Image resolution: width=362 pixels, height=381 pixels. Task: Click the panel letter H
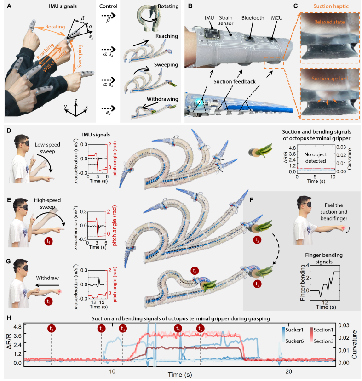tap(9, 318)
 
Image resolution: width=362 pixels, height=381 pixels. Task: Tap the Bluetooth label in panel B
tap(253, 18)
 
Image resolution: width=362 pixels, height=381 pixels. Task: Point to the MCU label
tap(276, 18)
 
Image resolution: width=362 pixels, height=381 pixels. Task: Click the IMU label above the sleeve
tap(209, 18)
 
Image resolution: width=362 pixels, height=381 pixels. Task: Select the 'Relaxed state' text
tap(329, 22)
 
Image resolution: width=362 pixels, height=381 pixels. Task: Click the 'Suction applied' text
tap(330, 79)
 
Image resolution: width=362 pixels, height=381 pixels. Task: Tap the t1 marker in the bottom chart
tap(52, 329)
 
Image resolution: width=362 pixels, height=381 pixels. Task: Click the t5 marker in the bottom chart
tap(200, 329)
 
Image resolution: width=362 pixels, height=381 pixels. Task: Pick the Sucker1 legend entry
tap(294, 330)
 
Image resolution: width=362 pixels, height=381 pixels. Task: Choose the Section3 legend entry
tap(323, 341)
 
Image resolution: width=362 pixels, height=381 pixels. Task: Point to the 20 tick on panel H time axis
tap(288, 371)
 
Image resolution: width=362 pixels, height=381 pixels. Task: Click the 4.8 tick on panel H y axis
tap(17, 326)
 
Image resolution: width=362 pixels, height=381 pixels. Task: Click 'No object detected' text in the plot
tap(316, 158)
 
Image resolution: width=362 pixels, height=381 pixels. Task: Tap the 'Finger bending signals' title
tap(324, 258)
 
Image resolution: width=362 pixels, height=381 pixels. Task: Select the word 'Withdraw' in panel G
tap(47, 278)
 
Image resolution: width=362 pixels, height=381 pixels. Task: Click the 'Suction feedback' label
tap(235, 82)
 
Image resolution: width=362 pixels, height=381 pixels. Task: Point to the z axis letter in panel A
tap(76, 100)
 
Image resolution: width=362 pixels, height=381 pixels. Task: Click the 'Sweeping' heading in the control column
tap(166, 65)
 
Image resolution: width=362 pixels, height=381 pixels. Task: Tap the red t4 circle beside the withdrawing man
tap(49, 301)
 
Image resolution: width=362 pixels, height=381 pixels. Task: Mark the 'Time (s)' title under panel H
tap(180, 375)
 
